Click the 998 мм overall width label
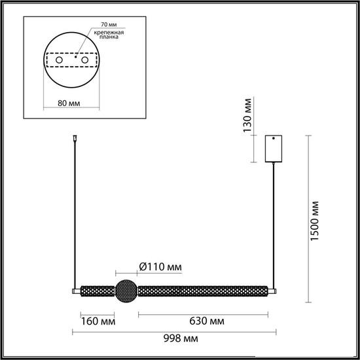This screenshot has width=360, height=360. point(181,338)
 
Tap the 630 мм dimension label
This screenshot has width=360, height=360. point(207,321)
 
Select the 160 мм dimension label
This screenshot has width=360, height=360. point(98,321)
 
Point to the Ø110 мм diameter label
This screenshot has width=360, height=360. point(160,267)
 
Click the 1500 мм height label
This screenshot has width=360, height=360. point(315,221)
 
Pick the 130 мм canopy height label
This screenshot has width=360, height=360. point(247,115)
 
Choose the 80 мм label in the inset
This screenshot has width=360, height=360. point(69,103)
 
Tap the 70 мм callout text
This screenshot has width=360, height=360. point(109,24)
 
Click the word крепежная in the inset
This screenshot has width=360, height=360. point(109,32)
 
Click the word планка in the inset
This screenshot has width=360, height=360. point(109,37)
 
